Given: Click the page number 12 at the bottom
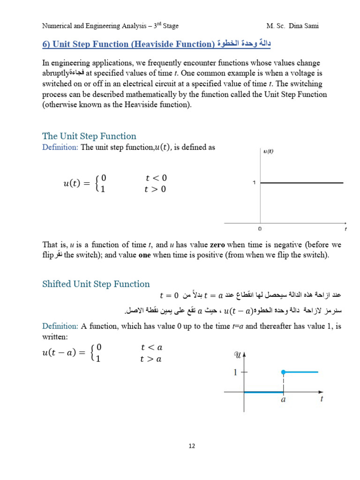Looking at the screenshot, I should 192,446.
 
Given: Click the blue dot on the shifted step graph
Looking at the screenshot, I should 283,372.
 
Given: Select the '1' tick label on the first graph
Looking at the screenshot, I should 254,183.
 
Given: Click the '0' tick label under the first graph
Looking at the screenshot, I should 260,229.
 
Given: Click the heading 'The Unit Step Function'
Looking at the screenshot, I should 89,136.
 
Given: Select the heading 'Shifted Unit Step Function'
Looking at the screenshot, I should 96,284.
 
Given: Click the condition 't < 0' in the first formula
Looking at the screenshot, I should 156,178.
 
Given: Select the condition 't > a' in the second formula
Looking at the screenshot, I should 151,359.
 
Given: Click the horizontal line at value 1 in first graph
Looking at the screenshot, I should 302,183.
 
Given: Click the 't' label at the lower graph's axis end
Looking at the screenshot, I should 322,399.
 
